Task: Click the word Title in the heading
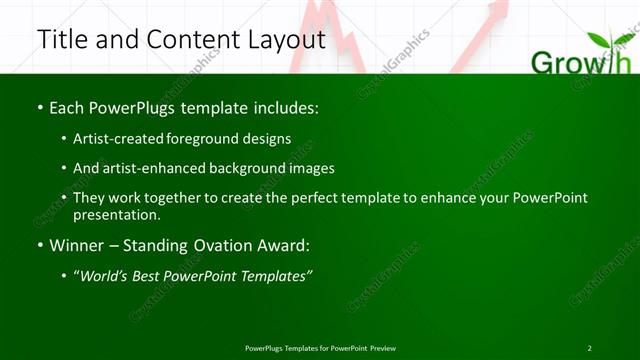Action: (62, 39)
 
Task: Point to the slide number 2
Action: (589, 348)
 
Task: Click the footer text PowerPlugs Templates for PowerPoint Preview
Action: (320, 348)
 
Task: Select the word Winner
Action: (79, 245)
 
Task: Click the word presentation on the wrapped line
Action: (115, 214)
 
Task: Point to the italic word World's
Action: (105, 276)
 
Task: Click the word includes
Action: (287, 106)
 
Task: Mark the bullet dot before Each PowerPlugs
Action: (39, 106)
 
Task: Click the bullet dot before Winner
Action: (39, 245)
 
